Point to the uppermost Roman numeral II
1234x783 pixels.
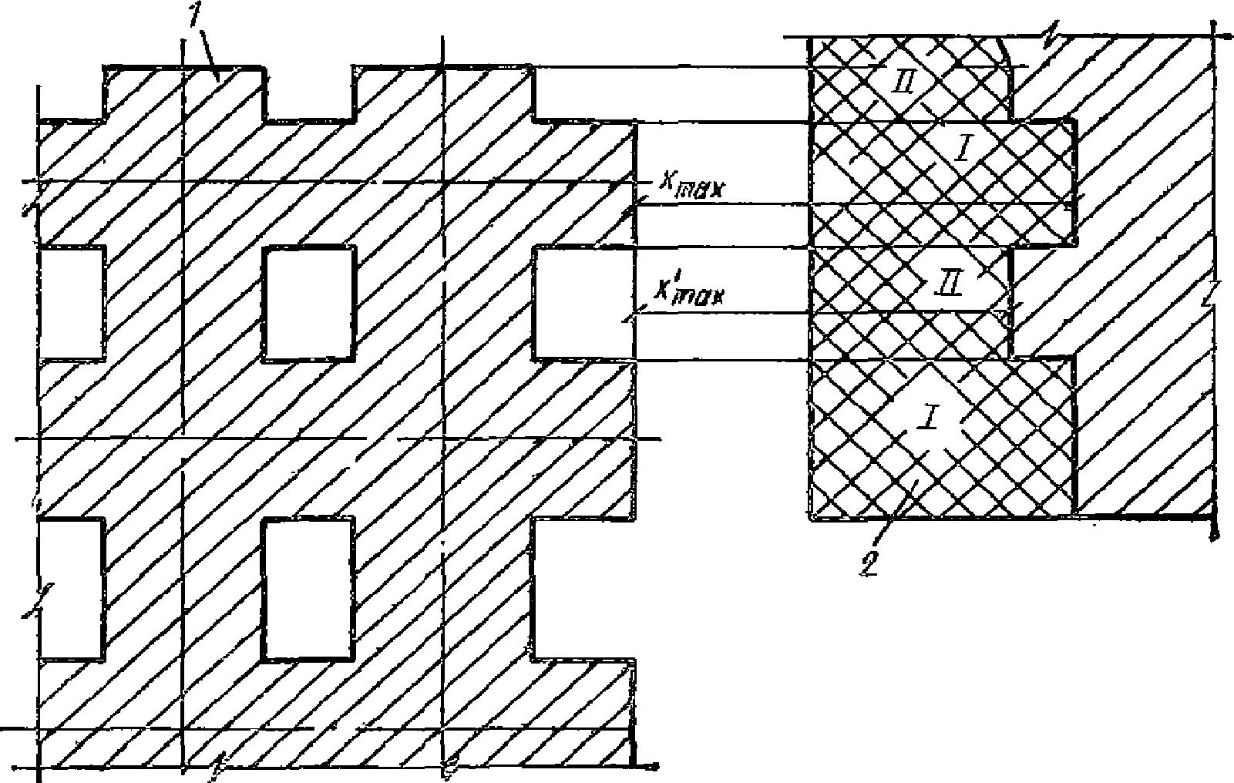[902, 80]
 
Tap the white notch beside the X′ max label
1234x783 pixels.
[583, 303]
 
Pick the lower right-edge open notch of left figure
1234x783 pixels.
[583, 589]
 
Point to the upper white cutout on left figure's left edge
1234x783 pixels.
[70, 303]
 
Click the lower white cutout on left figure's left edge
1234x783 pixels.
[70, 589]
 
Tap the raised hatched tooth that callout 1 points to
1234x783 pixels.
[185, 92]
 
